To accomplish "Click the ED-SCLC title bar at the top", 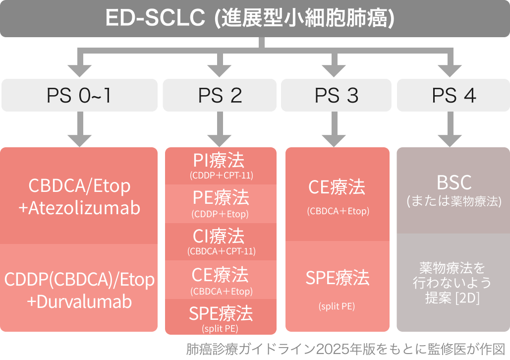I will [255, 18].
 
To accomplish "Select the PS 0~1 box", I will [79, 95].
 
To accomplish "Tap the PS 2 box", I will [220, 95].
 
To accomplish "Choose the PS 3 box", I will [337, 95].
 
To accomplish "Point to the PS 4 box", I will [453, 95].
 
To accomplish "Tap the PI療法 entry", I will [220, 161].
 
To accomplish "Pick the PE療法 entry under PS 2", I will [220, 198].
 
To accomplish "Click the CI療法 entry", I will [220, 237].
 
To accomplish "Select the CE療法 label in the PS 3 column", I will [337, 187].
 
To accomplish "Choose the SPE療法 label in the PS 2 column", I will [220, 313].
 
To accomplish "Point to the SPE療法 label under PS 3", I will [337, 278].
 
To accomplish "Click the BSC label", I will [453, 182].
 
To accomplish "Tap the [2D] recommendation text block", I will [453, 283].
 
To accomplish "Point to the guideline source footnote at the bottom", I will [345, 348].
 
